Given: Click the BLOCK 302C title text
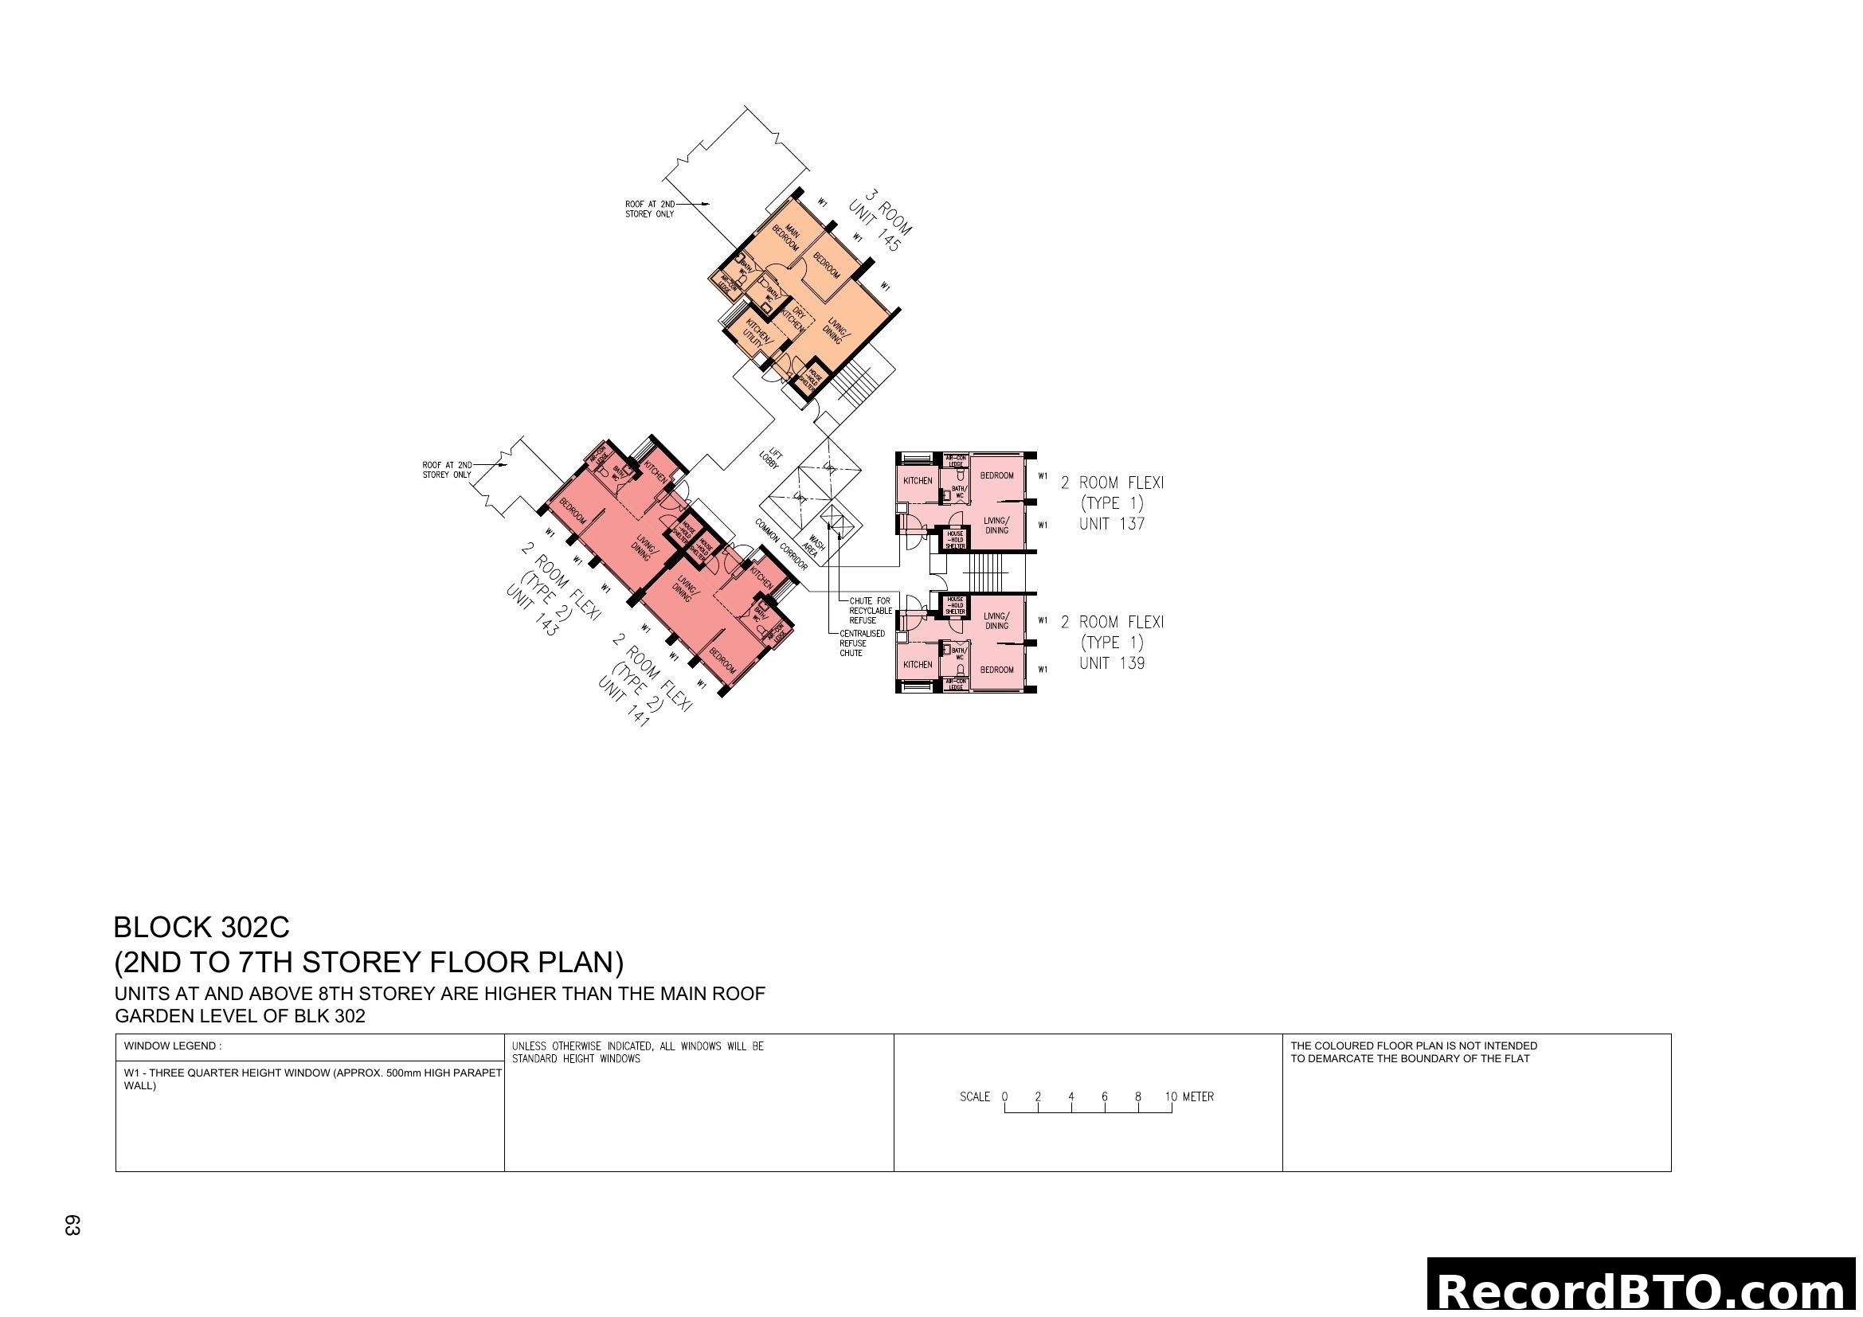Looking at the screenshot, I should pos(202,927).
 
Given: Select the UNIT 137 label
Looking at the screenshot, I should pos(1112,524).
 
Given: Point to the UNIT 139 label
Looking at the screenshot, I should pos(1112,663).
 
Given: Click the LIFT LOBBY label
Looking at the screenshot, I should pos(769,458).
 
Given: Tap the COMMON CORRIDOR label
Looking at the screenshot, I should pos(781,545).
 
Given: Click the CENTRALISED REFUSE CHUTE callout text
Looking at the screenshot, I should pos(862,643).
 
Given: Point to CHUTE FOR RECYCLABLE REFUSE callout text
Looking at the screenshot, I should pos(870,611).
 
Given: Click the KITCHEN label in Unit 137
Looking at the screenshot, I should pos(918,481).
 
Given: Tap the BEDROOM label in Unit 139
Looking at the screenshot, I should pos(996,670).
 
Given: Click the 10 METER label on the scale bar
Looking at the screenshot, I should pos(1189,1097).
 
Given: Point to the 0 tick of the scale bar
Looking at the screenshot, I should pos(1004,1097).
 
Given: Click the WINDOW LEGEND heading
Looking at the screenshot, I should pos(172,1046).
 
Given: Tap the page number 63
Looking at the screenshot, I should pos(72,1225).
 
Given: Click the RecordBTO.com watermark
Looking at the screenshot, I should pos(1643,1291).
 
